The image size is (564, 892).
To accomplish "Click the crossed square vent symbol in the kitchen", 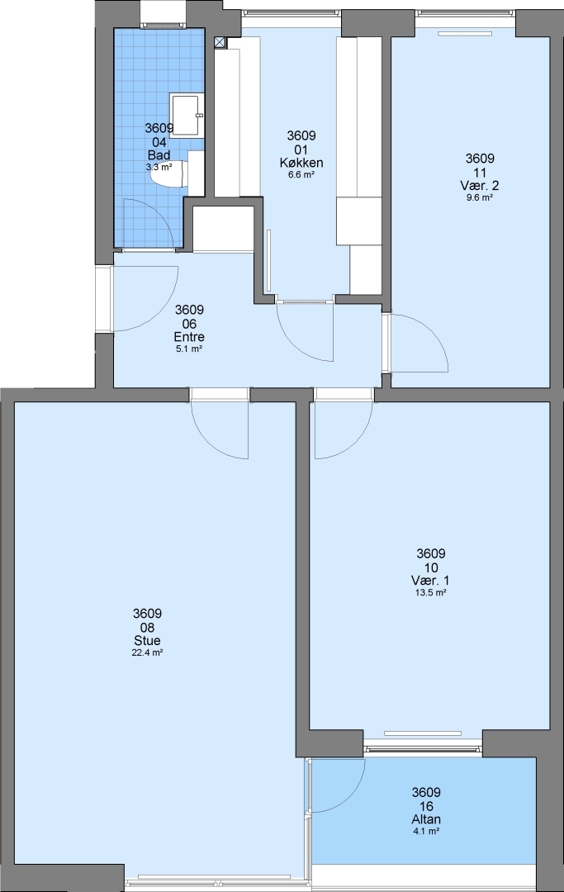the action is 220,41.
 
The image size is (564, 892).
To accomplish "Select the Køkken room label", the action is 301,163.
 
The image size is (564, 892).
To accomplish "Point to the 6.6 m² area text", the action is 301,175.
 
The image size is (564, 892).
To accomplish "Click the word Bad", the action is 159,154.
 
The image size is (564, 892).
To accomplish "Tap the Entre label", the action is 189,337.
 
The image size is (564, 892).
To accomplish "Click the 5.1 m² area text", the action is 189,349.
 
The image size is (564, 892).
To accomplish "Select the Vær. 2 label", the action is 480,186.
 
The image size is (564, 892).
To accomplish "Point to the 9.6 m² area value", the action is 479,198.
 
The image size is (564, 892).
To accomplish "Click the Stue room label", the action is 147,641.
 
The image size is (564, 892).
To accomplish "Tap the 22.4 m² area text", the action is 147,653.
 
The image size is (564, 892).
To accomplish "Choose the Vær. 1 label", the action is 431,581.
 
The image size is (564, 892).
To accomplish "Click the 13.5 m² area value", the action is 431,593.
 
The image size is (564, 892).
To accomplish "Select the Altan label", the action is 426,819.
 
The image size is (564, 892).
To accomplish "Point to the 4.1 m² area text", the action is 426,832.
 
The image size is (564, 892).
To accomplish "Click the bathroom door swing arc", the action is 157,212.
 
